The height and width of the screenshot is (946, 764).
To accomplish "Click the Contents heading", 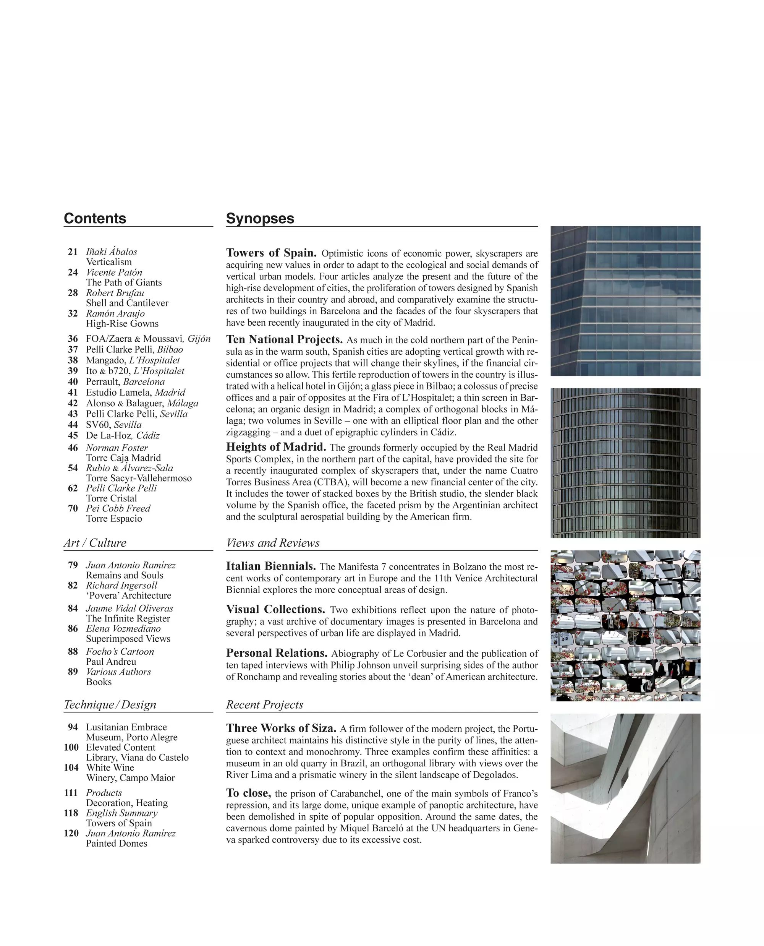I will pyautogui.click(x=95, y=219).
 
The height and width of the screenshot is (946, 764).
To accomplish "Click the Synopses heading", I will pyautogui.click(x=260, y=219).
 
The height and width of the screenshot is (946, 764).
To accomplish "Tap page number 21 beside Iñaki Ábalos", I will pyautogui.click(x=73, y=252).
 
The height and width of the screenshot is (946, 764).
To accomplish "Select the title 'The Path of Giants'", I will pyautogui.click(x=124, y=282).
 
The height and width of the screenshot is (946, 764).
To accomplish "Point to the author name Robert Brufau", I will pyautogui.click(x=115, y=293).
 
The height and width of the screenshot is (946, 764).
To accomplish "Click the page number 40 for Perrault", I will pyautogui.click(x=73, y=382).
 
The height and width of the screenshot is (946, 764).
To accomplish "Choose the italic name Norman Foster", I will pyautogui.click(x=117, y=448).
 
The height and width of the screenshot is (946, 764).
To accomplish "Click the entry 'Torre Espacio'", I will pyautogui.click(x=114, y=518).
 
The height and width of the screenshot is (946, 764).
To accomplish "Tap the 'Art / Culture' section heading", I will pyautogui.click(x=95, y=543).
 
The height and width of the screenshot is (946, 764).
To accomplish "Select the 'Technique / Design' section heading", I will pyautogui.click(x=110, y=705).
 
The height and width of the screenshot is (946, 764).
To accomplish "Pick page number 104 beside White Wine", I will pyautogui.click(x=71, y=768).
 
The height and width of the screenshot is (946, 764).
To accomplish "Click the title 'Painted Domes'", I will pyautogui.click(x=117, y=844).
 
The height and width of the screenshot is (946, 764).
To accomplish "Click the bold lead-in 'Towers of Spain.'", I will pyautogui.click(x=271, y=253).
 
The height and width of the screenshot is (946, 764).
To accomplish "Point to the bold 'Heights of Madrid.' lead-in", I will pyautogui.click(x=276, y=447).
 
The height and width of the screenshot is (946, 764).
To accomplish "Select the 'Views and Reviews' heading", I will pyautogui.click(x=273, y=543).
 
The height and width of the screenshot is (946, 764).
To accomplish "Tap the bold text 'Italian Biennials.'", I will pyautogui.click(x=271, y=566).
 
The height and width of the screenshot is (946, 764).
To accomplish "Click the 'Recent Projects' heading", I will pyautogui.click(x=264, y=705).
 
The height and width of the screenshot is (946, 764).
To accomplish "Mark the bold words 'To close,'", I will pyautogui.click(x=248, y=793).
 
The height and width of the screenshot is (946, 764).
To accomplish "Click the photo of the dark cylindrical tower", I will pyautogui.click(x=625, y=463).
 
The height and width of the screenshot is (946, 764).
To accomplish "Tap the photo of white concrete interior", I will pyautogui.click(x=625, y=788).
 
